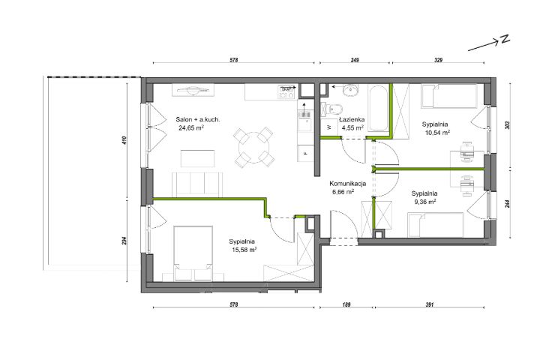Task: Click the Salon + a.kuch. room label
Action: [x=198, y=119]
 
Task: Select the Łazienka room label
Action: [x=352, y=119]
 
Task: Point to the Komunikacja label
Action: [x=348, y=184]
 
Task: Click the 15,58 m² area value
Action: [x=244, y=249]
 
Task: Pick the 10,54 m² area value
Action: [x=437, y=133]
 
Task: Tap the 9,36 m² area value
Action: [x=424, y=202]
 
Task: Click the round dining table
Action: [x=253, y=147]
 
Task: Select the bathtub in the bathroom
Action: [x=378, y=108]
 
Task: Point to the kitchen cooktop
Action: [x=286, y=92]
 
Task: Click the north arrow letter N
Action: [x=505, y=39]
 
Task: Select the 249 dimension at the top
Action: [x=355, y=60]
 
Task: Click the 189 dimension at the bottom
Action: [x=346, y=304]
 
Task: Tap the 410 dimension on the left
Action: [x=124, y=140]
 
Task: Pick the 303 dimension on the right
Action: [x=508, y=125]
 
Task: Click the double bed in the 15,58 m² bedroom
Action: [x=193, y=253]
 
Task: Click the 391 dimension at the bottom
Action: [x=429, y=304]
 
